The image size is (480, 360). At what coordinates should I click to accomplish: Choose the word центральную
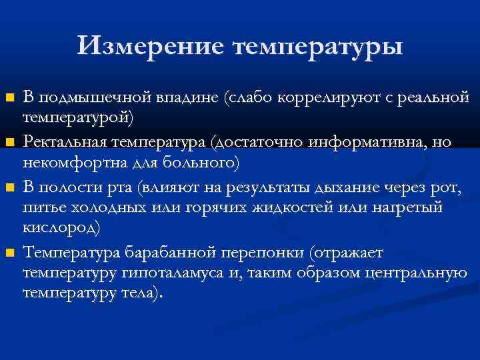point(410,273)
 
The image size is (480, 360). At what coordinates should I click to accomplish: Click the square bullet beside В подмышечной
point(9,99)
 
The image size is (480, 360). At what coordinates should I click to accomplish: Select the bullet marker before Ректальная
point(9,143)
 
